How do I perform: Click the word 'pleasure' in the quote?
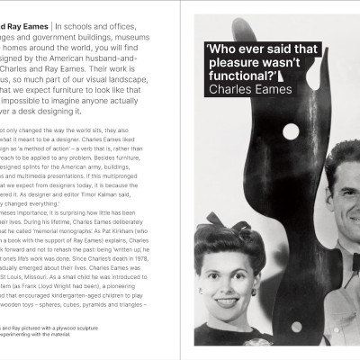click(x=229, y=64)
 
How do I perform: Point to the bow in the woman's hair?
click(x=221, y=220)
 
